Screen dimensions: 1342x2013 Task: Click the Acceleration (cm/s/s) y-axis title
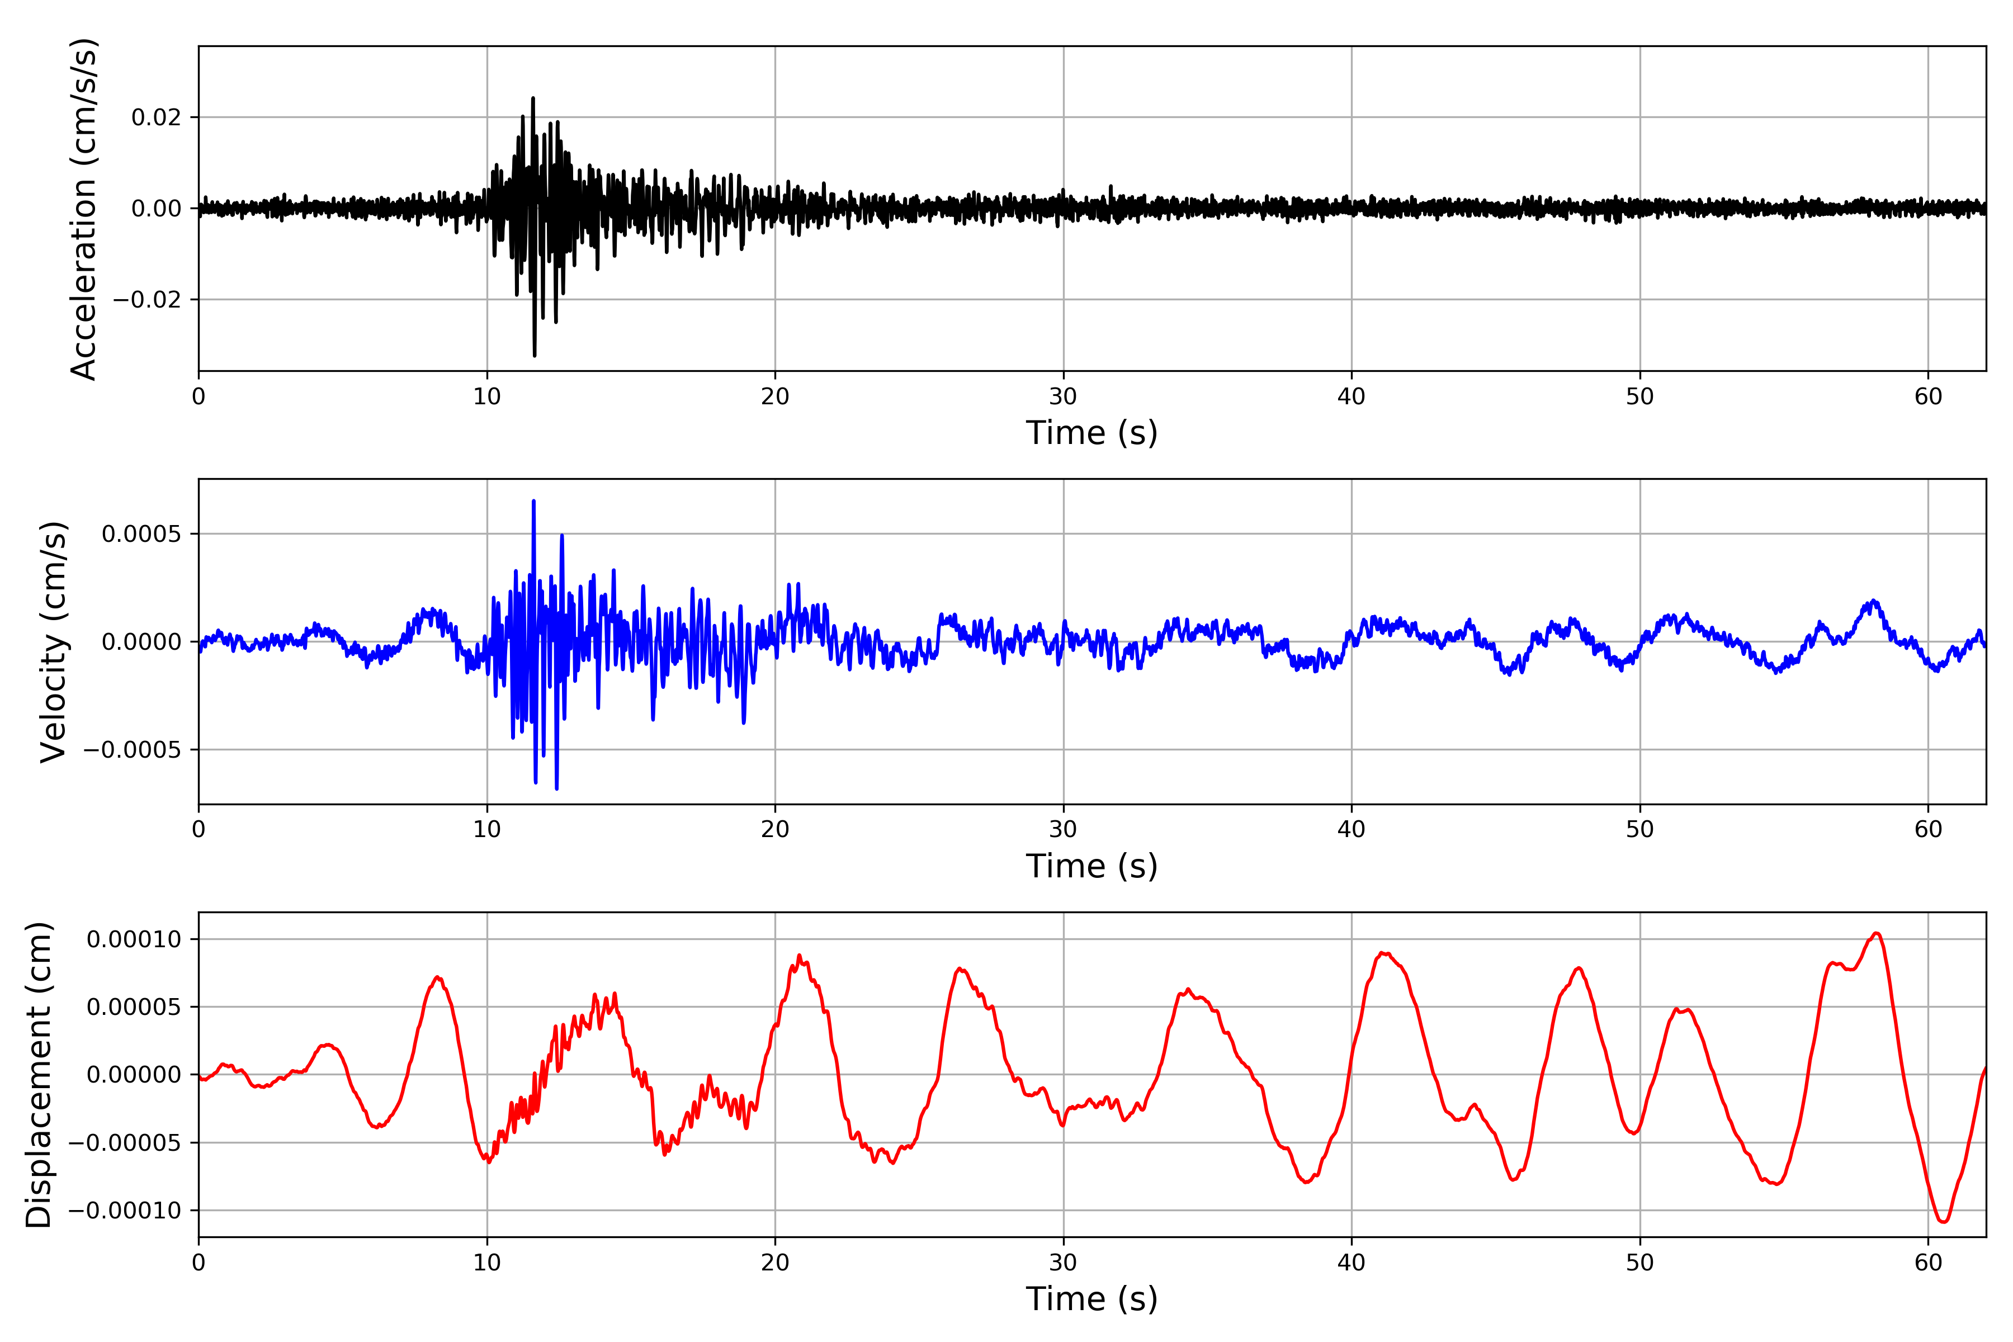pos(84,208)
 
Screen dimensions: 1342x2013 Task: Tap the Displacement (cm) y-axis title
pos(39,1074)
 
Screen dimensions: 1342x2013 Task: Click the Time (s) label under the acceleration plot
pos(1091,433)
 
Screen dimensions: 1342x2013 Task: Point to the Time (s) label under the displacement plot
pos(1091,1299)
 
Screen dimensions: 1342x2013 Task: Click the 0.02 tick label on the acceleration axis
pos(157,117)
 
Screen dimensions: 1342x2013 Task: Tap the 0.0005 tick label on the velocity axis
pos(141,534)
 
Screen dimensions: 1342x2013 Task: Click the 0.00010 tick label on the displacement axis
pos(134,940)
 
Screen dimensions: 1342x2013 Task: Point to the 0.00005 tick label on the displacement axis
pos(134,1008)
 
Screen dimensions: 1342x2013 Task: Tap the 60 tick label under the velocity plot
pos(1928,829)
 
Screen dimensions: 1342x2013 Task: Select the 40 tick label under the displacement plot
pos(1352,1263)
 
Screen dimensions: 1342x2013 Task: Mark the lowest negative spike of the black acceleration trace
pos(535,355)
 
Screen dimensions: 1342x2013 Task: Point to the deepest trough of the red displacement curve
pos(1943,1221)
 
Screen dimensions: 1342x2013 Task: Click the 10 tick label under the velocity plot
pos(487,829)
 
